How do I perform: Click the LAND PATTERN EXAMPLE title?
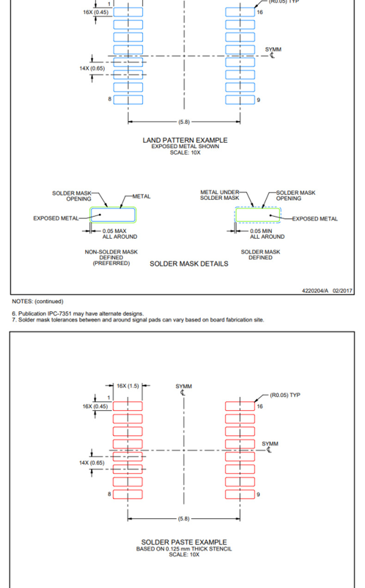(185, 140)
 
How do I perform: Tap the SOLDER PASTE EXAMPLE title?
(184, 542)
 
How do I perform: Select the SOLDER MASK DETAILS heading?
(189, 264)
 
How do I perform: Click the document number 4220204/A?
(315, 291)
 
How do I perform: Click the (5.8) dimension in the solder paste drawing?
(183, 519)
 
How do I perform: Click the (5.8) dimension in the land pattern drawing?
(183, 122)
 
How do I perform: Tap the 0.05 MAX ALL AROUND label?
(119, 233)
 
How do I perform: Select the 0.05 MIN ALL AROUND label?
(267, 233)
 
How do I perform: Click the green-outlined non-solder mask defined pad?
(113, 215)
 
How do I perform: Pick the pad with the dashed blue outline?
(258, 215)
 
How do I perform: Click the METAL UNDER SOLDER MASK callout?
(219, 195)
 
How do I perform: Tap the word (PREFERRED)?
(111, 263)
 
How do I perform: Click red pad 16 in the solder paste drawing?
(240, 406)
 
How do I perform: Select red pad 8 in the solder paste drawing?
(128, 494)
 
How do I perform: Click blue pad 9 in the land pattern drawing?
(240, 100)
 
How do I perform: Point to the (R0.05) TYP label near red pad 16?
(285, 395)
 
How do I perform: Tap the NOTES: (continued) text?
(37, 302)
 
